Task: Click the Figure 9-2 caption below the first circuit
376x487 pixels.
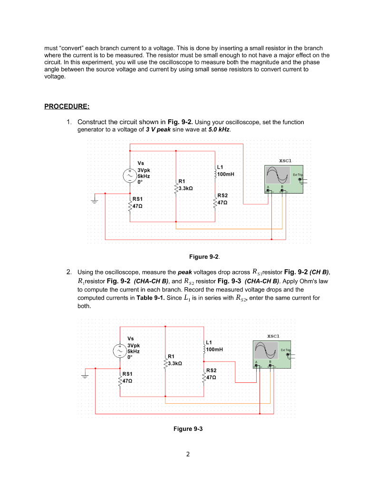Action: pos(204,257)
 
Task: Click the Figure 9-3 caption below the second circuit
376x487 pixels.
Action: pos(188,429)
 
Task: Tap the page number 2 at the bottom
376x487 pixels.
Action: pos(188,454)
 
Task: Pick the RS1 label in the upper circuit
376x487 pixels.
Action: pos(138,198)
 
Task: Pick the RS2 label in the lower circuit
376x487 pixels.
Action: pos(211,370)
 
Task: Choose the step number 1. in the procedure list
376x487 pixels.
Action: pos(69,122)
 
